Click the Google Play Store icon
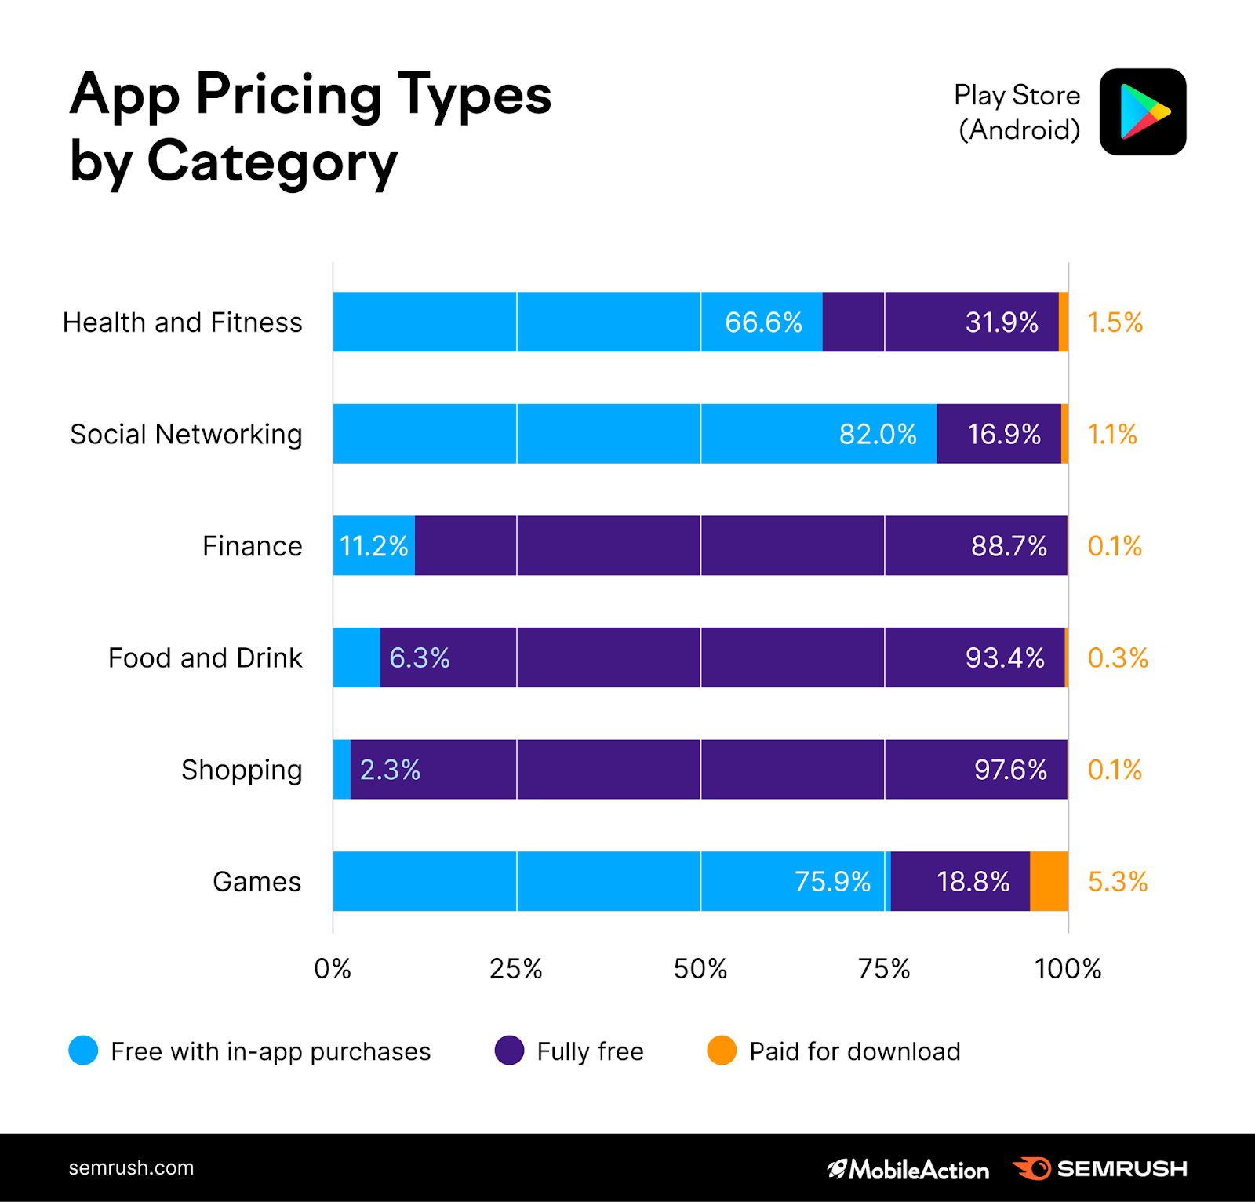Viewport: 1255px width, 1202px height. [1142, 111]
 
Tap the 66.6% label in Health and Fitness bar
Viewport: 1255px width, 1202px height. [763, 322]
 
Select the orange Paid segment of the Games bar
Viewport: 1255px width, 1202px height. [1049, 881]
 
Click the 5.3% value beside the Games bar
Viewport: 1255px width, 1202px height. [1117, 882]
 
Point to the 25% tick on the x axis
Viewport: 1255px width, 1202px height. [516, 969]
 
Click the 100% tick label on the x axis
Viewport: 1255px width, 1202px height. [1068, 969]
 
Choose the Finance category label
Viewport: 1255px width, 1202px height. [252, 546]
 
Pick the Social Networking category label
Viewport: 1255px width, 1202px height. [186, 434]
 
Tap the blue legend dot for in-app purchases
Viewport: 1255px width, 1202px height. [83, 1051]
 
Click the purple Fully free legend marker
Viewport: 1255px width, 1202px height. [509, 1051]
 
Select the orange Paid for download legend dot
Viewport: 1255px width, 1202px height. [722, 1051]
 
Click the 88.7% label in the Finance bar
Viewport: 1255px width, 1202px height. [1009, 546]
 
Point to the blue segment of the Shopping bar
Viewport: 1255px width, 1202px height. [341, 769]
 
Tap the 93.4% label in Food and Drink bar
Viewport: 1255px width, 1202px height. [1005, 657]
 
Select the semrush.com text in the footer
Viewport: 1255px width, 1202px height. [131, 1168]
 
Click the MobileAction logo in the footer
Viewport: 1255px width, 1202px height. [908, 1169]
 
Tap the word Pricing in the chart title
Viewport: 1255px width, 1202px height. [288, 94]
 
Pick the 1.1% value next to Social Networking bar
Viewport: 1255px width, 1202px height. [1111, 434]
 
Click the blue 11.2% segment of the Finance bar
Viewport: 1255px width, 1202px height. [373, 546]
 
